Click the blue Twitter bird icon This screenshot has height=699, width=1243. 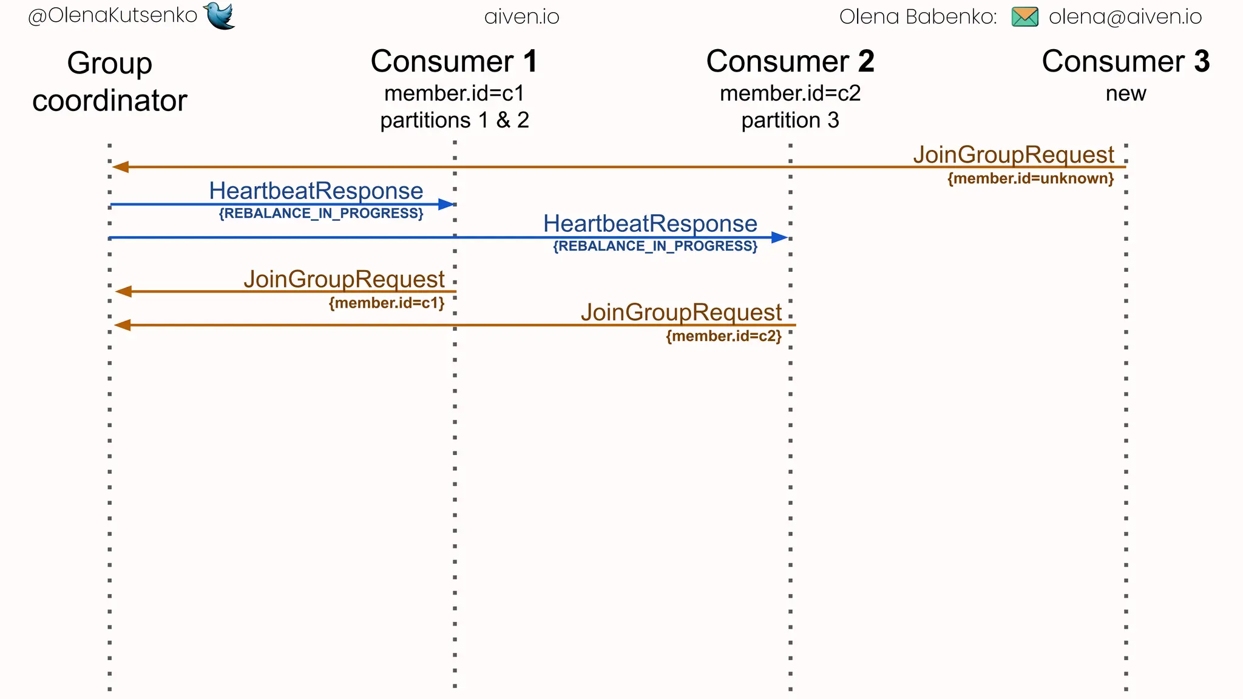click(220, 15)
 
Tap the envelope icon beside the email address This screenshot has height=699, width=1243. click(1025, 16)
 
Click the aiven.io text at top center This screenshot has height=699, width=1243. click(521, 16)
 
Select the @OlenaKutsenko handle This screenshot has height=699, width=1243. click(113, 15)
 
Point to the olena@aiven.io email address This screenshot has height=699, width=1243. click(1125, 16)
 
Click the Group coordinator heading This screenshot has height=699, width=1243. click(110, 82)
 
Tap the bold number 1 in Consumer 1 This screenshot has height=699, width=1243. click(530, 61)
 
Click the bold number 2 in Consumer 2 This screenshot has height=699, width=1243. click(865, 61)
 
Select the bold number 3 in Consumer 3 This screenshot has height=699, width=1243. click(1202, 61)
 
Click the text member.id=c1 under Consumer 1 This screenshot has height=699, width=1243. click(454, 93)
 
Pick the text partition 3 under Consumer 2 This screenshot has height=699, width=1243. click(790, 120)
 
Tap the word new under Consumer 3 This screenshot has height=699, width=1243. click(1125, 93)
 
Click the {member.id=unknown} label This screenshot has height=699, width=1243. click(1031, 178)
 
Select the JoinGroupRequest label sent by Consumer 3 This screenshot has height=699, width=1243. click(1014, 154)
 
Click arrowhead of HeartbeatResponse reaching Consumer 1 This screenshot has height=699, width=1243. click(447, 204)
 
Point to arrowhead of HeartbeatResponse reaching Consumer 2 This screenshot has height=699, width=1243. click(780, 237)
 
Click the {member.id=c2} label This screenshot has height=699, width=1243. click(723, 336)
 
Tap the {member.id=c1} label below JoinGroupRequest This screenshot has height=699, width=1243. click(387, 303)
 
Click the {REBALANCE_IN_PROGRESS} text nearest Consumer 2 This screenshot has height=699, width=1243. click(655, 246)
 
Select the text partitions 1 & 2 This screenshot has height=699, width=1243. click(454, 120)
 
